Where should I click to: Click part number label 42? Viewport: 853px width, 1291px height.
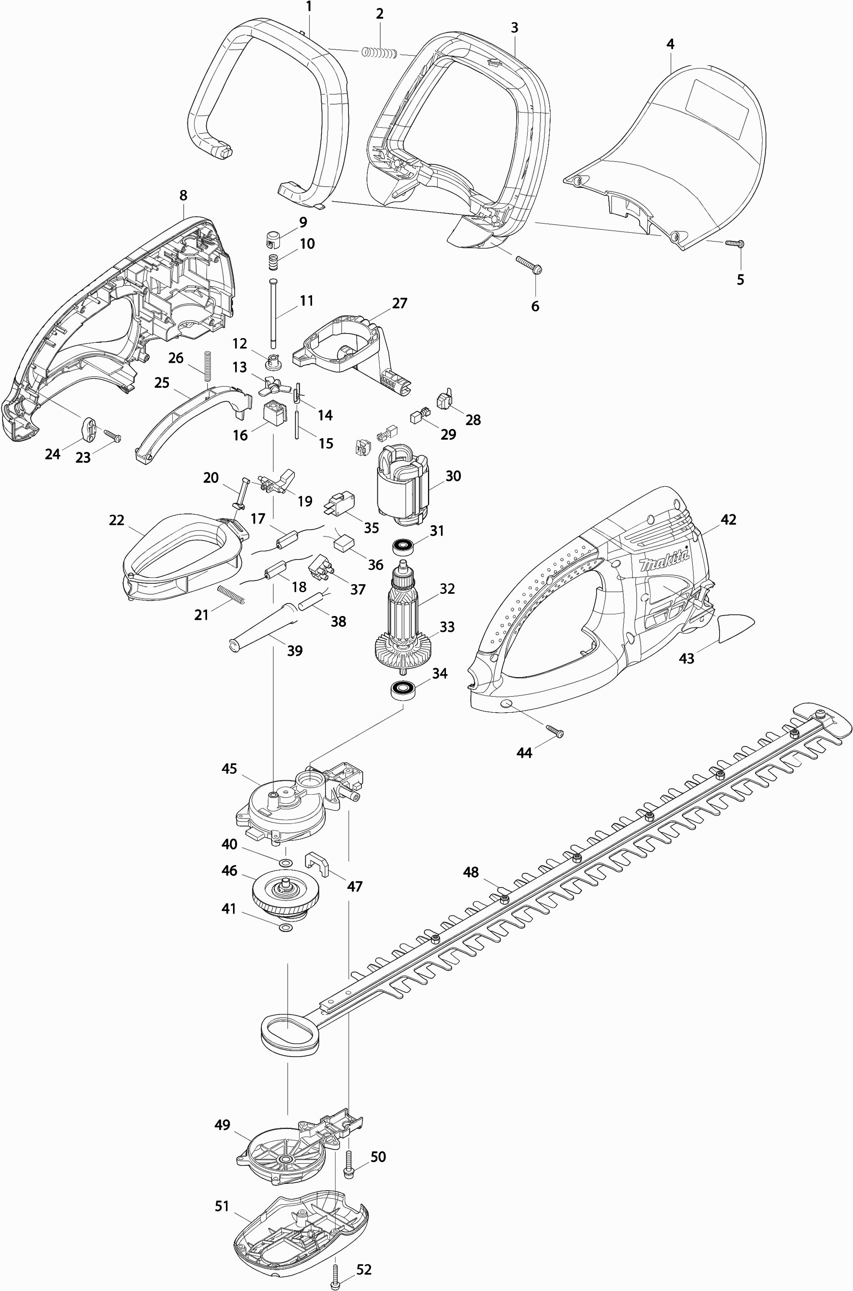[728, 520]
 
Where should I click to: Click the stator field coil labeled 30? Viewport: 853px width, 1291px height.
[402, 486]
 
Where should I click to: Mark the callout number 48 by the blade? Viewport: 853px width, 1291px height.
[471, 872]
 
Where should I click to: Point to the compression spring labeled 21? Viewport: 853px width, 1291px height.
[232, 594]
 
